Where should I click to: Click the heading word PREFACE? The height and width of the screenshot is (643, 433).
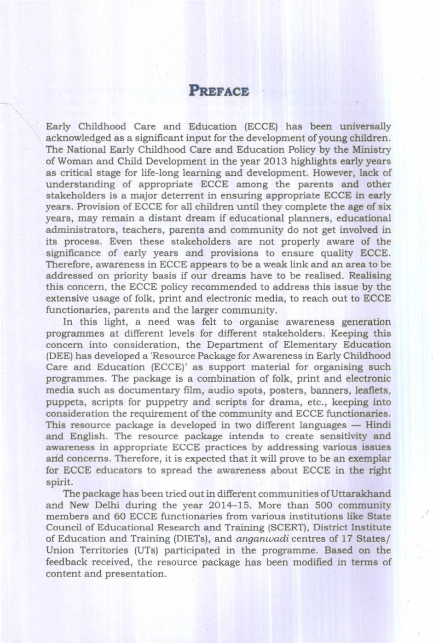[219, 91]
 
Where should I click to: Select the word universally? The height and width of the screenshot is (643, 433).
[365, 126]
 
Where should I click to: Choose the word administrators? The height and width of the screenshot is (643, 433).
[75, 230]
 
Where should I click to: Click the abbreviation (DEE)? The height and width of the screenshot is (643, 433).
[59, 356]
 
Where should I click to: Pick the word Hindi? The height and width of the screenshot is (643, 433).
[378, 425]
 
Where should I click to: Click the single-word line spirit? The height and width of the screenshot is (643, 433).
[59, 482]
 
